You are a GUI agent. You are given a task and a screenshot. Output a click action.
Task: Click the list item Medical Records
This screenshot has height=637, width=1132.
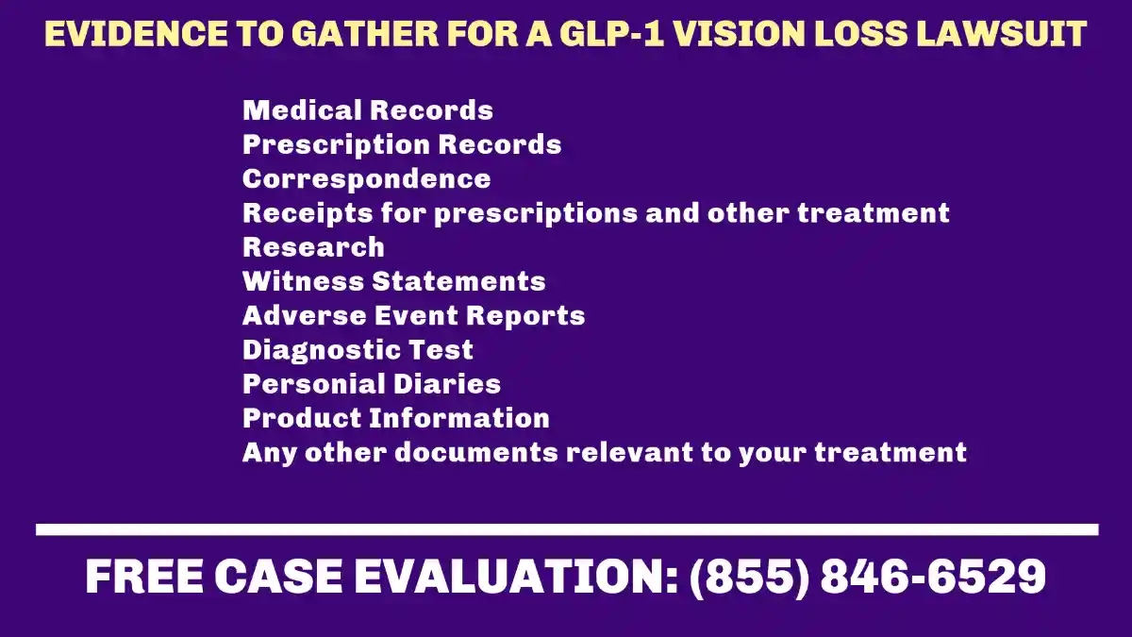pyautogui.click(x=368, y=110)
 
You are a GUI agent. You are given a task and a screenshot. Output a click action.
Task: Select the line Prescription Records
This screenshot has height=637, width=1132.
pyautogui.click(x=402, y=144)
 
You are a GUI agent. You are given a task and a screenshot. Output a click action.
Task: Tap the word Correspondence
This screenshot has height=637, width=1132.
pyautogui.click(x=367, y=178)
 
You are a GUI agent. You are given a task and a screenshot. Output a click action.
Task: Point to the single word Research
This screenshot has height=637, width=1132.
pyautogui.click(x=313, y=247)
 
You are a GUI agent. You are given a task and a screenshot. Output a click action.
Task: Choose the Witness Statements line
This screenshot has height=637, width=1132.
pyautogui.click(x=394, y=281)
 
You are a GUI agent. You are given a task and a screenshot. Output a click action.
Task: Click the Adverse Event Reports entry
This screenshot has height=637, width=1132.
pyautogui.click(x=413, y=315)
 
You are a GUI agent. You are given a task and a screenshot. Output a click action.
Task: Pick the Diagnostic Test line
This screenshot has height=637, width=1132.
pyautogui.click(x=358, y=350)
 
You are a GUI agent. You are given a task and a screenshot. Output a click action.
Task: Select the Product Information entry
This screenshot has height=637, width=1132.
pyautogui.click(x=396, y=418)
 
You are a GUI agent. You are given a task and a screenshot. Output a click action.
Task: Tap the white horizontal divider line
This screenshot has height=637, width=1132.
pyautogui.click(x=567, y=530)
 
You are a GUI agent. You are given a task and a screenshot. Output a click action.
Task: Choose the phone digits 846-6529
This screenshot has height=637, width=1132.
pyautogui.click(x=933, y=577)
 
